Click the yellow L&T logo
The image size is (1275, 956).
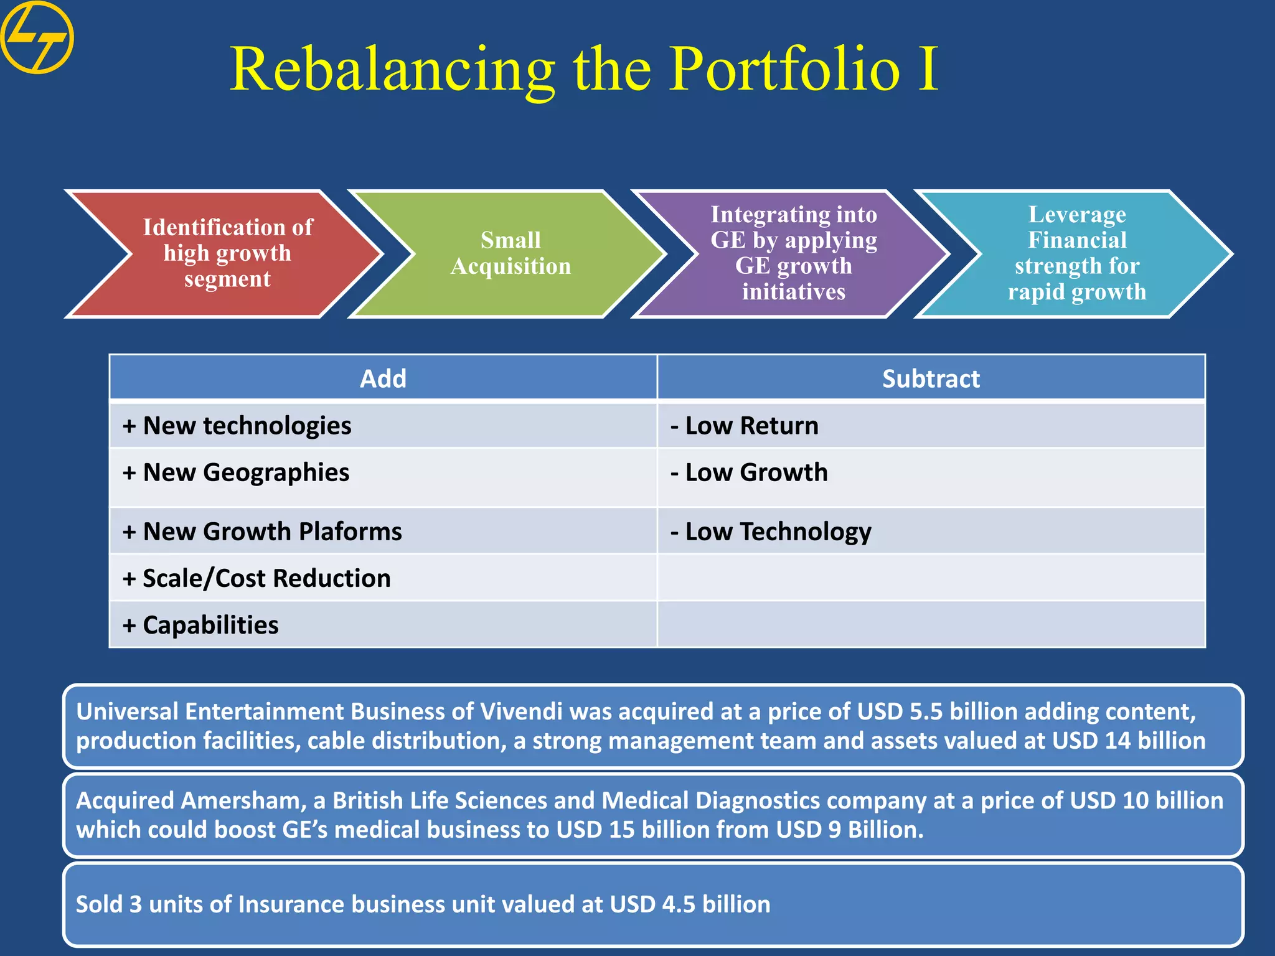tap(37, 37)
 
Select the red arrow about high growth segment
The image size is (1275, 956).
tap(227, 253)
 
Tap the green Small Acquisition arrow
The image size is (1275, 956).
tap(510, 253)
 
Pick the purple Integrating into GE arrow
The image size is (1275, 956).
tap(794, 253)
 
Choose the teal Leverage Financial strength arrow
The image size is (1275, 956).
tap(1077, 253)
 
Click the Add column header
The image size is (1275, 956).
tap(383, 378)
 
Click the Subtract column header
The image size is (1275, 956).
tap(931, 378)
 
